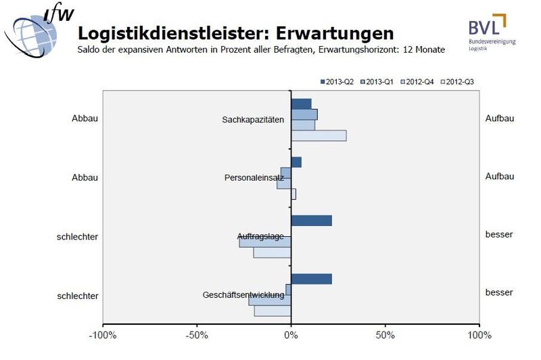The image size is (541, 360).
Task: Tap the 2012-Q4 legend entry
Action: point(419,82)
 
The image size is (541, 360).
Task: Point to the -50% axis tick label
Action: point(196,335)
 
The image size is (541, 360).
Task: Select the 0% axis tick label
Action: point(291,335)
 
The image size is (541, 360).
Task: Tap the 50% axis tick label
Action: point(385,335)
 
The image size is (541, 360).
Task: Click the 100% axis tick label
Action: point(479,335)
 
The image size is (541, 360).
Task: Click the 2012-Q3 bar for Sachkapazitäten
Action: point(319,136)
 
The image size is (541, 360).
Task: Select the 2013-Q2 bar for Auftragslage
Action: point(311,221)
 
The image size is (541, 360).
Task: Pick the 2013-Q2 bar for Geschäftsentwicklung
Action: point(311,279)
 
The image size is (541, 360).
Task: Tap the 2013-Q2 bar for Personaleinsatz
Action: point(296,162)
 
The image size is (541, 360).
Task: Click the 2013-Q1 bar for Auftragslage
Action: point(265,242)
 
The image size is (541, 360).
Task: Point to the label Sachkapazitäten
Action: point(253,120)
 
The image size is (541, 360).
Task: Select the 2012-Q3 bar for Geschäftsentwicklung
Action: point(273,311)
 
